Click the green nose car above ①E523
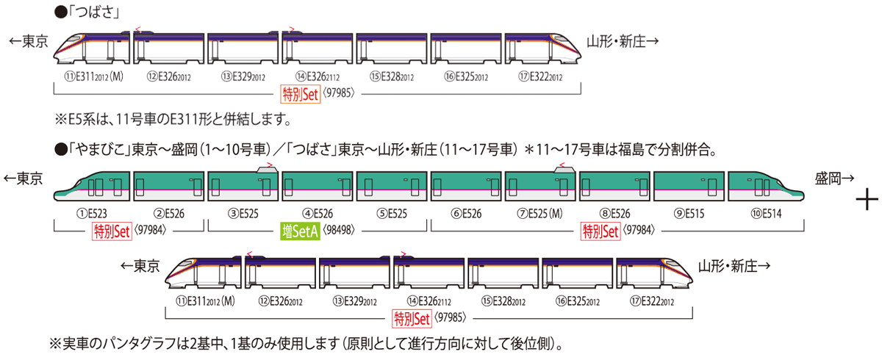pos(92,187)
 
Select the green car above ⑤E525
pos(392,187)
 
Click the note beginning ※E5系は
pos(173,118)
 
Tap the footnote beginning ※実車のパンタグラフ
pos(309,343)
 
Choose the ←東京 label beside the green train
pos(24,179)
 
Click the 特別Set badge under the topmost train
pos(300,93)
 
